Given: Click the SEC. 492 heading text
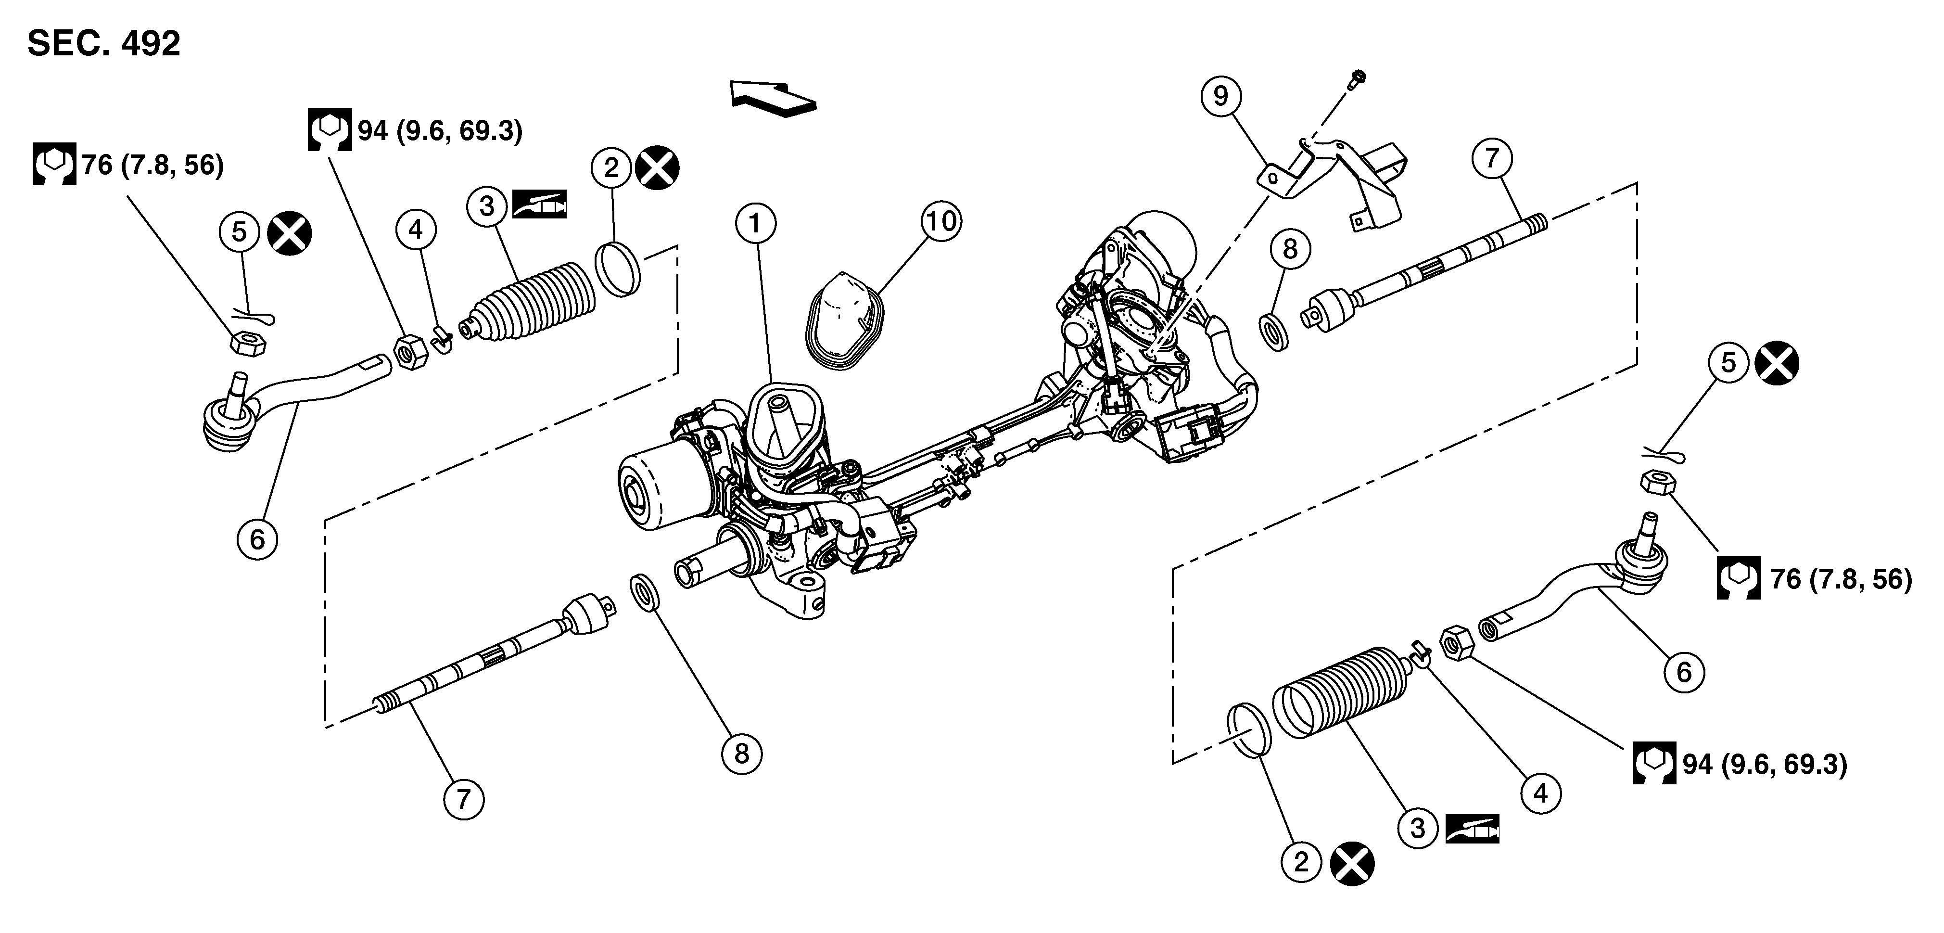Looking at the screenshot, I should (x=103, y=44).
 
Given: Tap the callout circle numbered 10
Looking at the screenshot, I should (x=941, y=221).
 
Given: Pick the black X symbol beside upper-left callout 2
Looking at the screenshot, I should (x=657, y=167).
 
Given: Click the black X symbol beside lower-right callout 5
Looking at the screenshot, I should (x=1777, y=364).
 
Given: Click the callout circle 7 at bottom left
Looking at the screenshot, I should (x=463, y=799).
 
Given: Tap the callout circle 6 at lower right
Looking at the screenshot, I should (x=1684, y=672).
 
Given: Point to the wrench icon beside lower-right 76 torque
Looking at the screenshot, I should (x=1739, y=578).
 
